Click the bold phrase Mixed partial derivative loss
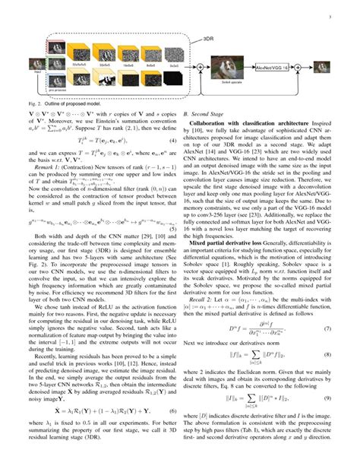coord(228,226)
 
